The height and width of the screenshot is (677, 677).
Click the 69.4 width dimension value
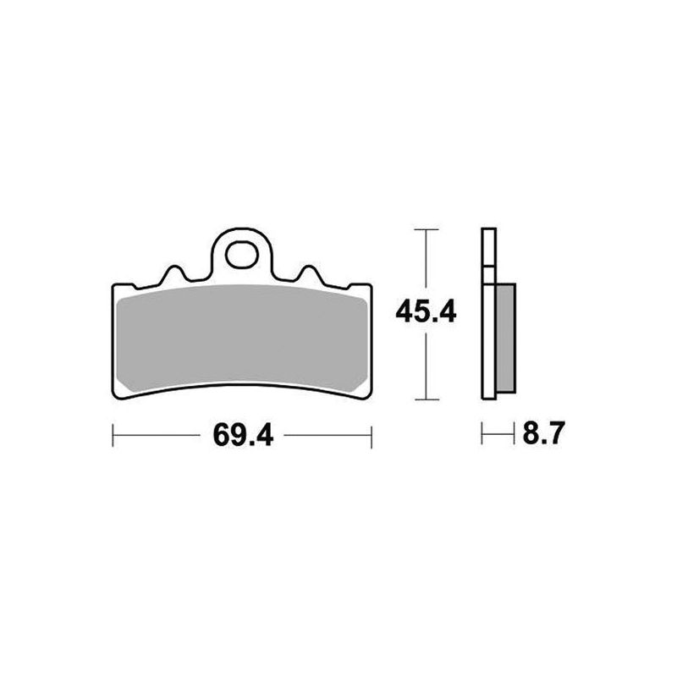(x=243, y=435)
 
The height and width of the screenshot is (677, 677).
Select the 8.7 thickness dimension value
(x=543, y=433)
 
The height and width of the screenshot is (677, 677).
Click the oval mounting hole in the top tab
(x=242, y=255)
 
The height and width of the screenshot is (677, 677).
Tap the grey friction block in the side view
(x=505, y=338)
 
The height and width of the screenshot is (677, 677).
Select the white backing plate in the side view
(x=489, y=313)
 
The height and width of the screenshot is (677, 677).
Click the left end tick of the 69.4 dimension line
(x=113, y=435)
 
